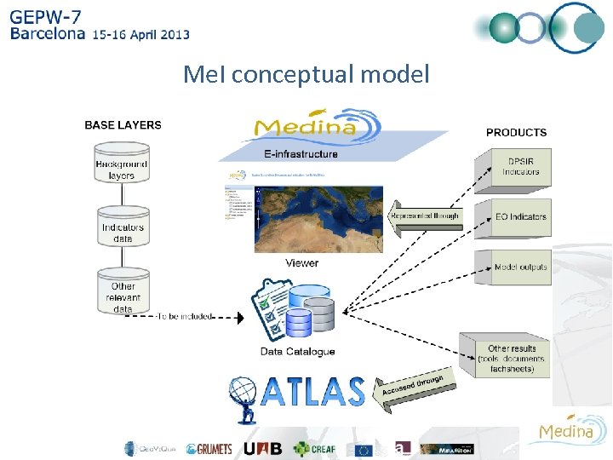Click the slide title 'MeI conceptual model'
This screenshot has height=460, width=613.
click(x=306, y=75)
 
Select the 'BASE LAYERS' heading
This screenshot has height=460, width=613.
click(x=123, y=124)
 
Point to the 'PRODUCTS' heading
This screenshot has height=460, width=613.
click(x=516, y=132)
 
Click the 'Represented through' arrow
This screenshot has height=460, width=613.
click(x=423, y=216)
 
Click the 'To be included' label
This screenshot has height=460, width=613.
click(x=185, y=316)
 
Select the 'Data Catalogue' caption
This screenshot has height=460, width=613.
click(x=297, y=351)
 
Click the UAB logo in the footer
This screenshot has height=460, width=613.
click(x=262, y=448)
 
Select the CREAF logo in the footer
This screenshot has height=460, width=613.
click(x=314, y=448)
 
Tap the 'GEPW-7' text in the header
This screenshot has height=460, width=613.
click(x=46, y=16)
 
